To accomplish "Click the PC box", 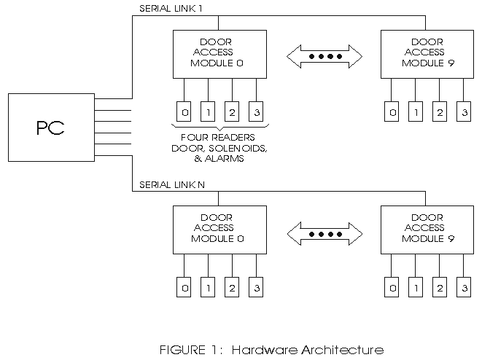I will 50,128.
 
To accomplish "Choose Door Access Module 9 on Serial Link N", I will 427,229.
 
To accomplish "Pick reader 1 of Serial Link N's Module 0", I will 208,288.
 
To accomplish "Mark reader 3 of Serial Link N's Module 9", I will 463,288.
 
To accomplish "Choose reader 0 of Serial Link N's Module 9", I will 393,288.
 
